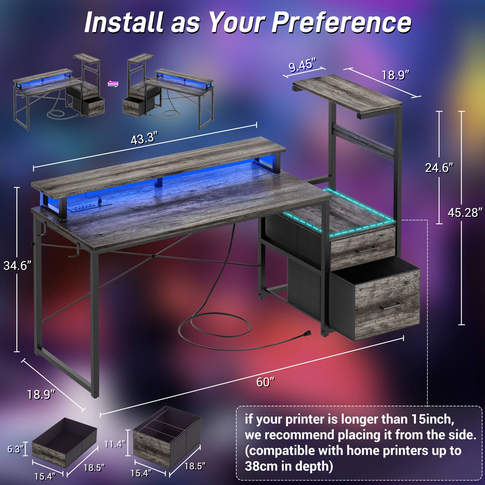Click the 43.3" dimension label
pyautogui.click(x=145, y=139)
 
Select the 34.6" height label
pyautogui.click(x=17, y=266)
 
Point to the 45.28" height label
pyautogui.click(x=465, y=212)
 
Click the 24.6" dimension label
pyautogui.click(x=439, y=167)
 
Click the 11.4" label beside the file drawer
pyautogui.click(x=115, y=444)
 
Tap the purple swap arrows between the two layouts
pyautogui.click(x=113, y=84)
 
